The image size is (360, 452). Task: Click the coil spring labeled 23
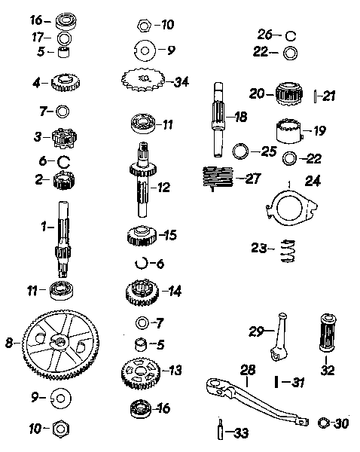[288, 251]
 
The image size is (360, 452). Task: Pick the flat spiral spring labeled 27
[218, 178]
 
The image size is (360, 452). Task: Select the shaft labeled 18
[218, 120]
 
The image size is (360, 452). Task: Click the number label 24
[313, 181]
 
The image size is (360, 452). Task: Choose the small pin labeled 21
[316, 96]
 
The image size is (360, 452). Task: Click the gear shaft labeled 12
[143, 179]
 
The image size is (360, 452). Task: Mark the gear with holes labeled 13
[140, 374]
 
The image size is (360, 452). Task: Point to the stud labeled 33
[220, 429]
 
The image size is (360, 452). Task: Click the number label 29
[257, 331]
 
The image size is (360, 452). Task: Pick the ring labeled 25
[241, 151]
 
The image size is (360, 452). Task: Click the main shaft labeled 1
[63, 240]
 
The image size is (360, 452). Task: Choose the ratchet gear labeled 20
[289, 93]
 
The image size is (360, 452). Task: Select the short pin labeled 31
[276, 382]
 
